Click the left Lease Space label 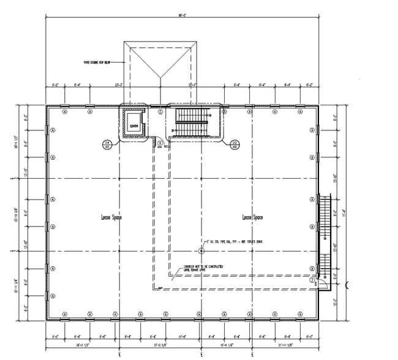(111, 217)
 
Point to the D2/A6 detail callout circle (234, 144)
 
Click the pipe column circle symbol (201, 250)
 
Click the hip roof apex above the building (162, 77)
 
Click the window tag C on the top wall (161, 112)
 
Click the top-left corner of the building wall (47, 107)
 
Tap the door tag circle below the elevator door (159, 143)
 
